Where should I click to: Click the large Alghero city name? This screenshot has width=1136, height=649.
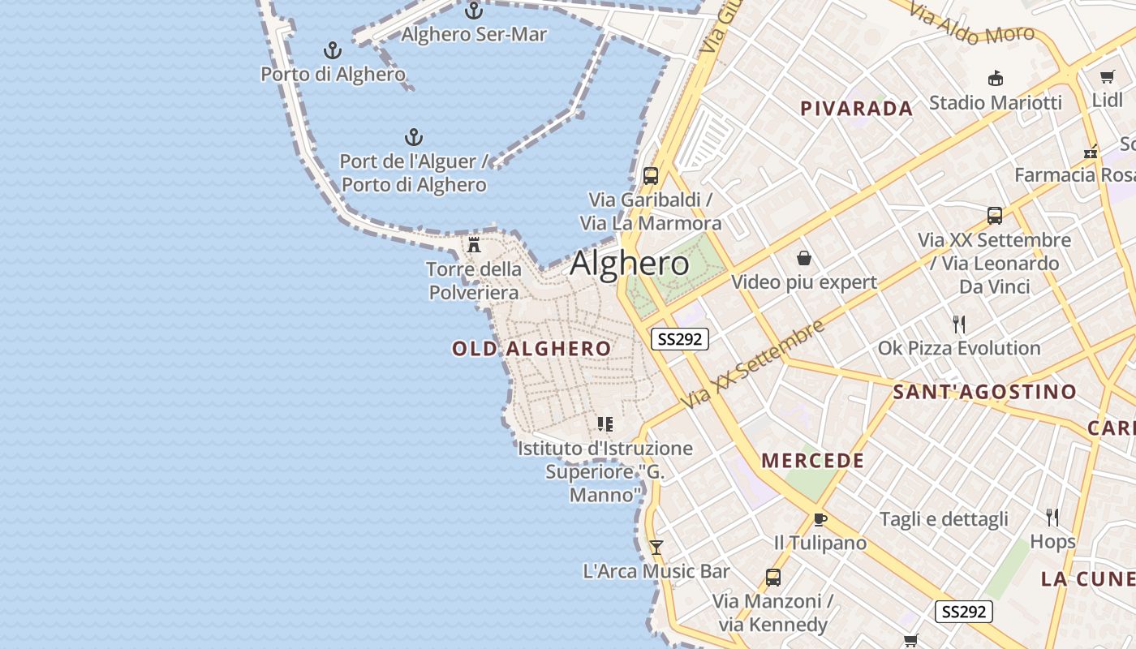tap(630, 264)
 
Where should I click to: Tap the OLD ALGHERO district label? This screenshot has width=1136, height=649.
tap(531, 349)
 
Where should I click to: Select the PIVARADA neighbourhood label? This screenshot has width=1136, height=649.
tap(856, 109)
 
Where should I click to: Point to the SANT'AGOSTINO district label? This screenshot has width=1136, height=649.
tap(984, 392)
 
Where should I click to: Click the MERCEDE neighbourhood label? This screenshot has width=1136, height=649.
tap(812, 461)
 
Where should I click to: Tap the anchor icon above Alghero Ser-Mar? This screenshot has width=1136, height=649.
tap(474, 11)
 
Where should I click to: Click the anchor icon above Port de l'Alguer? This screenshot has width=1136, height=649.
tap(414, 136)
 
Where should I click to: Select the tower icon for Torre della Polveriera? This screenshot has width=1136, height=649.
tap(475, 244)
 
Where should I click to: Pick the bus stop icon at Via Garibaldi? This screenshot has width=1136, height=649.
tap(650, 175)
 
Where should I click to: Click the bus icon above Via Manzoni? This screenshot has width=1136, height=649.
tap(772, 577)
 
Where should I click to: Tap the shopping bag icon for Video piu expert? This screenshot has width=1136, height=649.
tap(803, 258)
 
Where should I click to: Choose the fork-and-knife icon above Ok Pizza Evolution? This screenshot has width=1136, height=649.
tap(959, 324)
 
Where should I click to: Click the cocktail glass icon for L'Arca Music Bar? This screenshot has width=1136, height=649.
tap(656, 548)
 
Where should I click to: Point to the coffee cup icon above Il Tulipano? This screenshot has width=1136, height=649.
tap(820, 519)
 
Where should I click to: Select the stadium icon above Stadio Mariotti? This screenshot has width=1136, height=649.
tap(995, 78)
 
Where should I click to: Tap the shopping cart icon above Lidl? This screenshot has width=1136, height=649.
tap(1107, 77)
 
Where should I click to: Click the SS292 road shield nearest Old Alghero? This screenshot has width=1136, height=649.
tap(679, 339)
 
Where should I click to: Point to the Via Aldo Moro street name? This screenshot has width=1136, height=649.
tap(970, 24)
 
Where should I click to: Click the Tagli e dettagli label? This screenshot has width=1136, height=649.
tap(944, 519)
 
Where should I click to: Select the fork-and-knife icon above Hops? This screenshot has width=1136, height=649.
tap(1052, 517)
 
